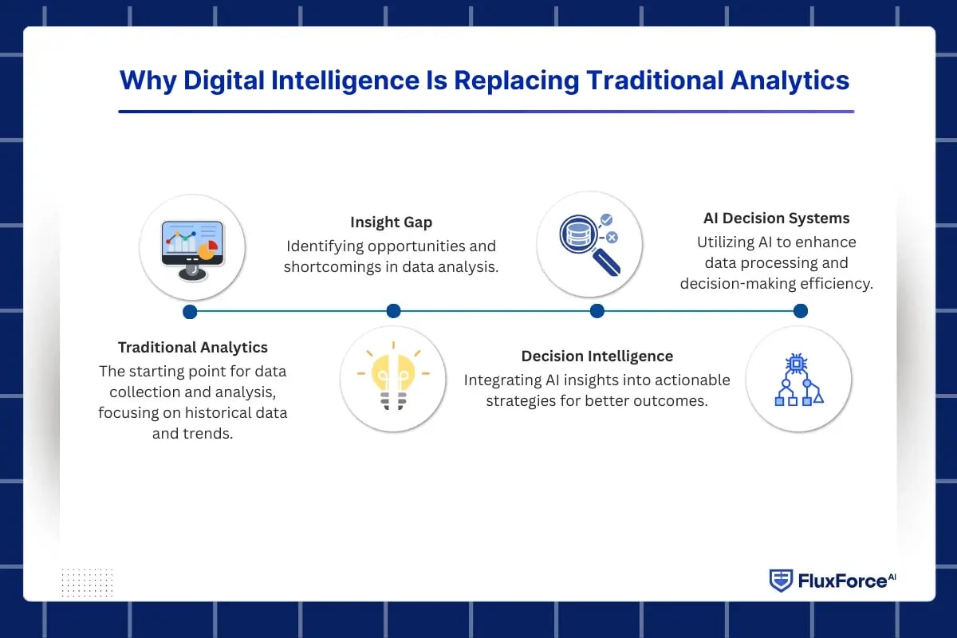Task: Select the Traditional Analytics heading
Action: (x=193, y=347)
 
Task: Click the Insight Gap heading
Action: (x=391, y=223)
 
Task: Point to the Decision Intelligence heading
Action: (x=597, y=356)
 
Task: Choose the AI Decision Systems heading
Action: (x=776, y=218)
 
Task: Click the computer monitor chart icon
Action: (x=191, y=247)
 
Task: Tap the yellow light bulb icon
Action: (x=393, y=379)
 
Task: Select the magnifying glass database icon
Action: (x=589, y=244)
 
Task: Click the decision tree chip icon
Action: (x=798, y=380)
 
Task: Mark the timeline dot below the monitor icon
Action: (x=190, y=311)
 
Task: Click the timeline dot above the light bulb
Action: (x=393, y=311)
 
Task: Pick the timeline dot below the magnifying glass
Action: (x=597, y=311)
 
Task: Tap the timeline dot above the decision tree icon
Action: (x=801, y=311)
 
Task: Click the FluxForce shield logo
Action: (x=780, y=581)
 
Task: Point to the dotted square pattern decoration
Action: (x=87, y=582)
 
